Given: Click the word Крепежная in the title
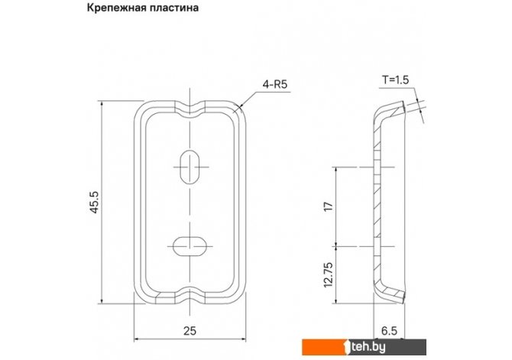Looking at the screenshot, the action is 115,7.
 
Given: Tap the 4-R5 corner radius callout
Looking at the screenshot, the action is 275,85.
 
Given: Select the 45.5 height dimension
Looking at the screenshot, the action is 94,203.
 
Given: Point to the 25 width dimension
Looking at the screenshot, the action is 190,331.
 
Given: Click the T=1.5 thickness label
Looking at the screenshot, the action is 395,79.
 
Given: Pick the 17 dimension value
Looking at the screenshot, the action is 329,206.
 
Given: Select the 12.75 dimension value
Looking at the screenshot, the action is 329,274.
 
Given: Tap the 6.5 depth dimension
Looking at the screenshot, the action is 389,331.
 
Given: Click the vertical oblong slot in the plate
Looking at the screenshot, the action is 190,167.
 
